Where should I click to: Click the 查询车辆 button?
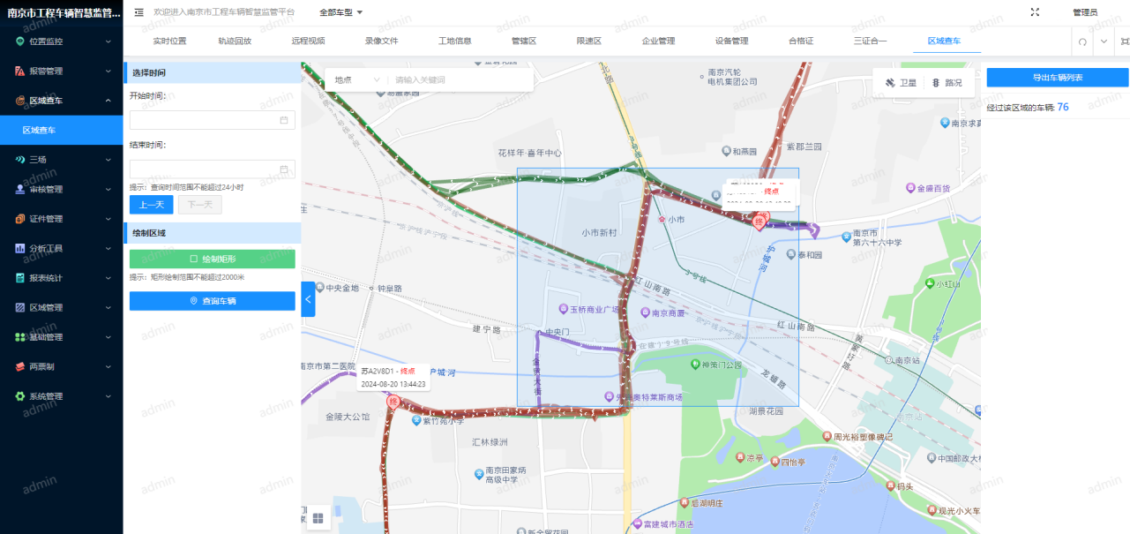pyautogui.click(x=212, y=301)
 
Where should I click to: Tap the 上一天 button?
pyautogui.click(x=151, y=205)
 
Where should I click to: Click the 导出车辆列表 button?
pyautogui.click(x=1057, y=78)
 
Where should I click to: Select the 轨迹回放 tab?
pyautogui.click(x=235, y=41)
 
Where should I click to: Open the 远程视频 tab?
pyautogui.click(x=308, y=41)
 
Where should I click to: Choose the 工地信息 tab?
pyautogui.click(x=454, y=41)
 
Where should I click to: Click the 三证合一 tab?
pyautogui.click(x=870, y=41)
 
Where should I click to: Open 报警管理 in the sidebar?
pyautogui.click(x=46, y=71)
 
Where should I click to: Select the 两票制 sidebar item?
pyautogui.click(x=41, y=366)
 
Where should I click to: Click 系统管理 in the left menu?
pyautogui.click(x=46, y=396)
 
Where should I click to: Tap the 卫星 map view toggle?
pyautogui.click(x=901, y=83)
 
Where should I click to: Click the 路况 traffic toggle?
pyautogui.click(x=947, y=83)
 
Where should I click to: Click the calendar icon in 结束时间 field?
pyautogui.click(x=284, y=169)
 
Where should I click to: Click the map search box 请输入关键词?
pyautogui.click(x=459, y=80)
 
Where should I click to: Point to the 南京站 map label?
pyautogui.click(x=908, y=360)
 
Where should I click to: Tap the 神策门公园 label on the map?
pyautogui.click(x=722, y=365)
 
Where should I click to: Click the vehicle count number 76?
pyautogui.click(x=1063, y=107)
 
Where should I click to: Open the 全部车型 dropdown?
pyautogui.click(x=341, y=12)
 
